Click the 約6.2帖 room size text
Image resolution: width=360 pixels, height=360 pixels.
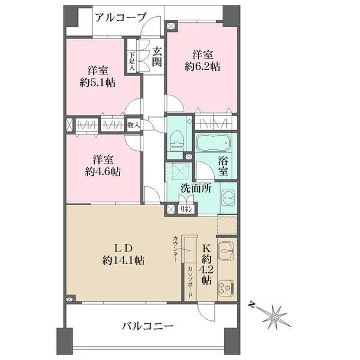coord(202,67)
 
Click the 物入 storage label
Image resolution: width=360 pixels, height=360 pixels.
coord(134,125)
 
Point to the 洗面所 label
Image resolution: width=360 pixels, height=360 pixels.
coord(196,188)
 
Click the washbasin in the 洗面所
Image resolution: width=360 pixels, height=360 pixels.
coord(228,198)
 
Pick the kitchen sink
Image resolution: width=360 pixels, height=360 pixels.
coord(226,249)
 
